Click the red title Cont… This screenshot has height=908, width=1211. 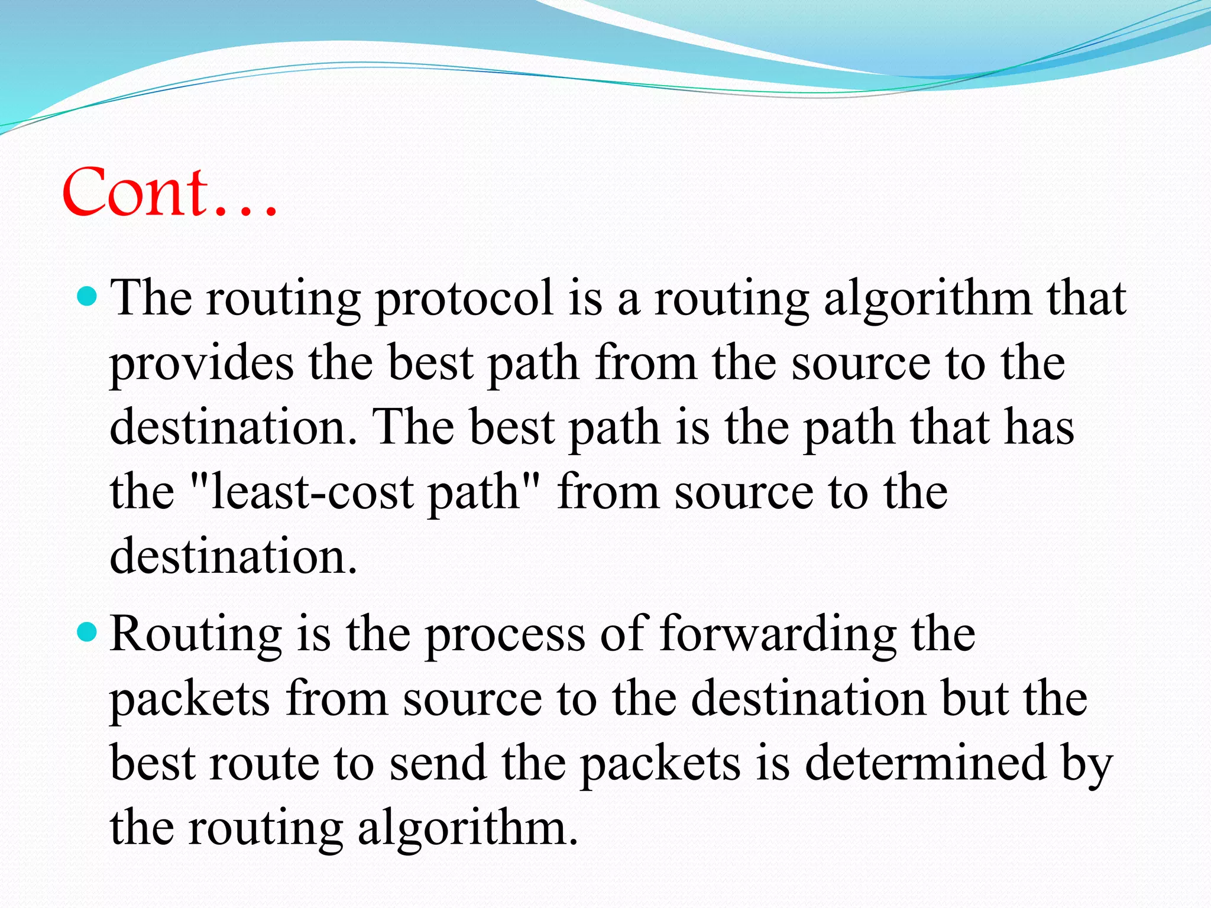tap(170, 192)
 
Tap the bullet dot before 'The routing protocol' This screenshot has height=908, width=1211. tap(87, 296)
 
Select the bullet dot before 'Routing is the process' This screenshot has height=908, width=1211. tap(87, 632)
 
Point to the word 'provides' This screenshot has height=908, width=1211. tap(202, 365)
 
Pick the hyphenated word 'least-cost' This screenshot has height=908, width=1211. tap(312, 492)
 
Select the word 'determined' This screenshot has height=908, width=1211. tap(925, 763)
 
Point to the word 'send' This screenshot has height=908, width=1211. tap(438, 763)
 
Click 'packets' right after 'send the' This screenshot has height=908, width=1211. tap(659, 764)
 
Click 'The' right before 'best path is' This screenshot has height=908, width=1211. tap(413, 428)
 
